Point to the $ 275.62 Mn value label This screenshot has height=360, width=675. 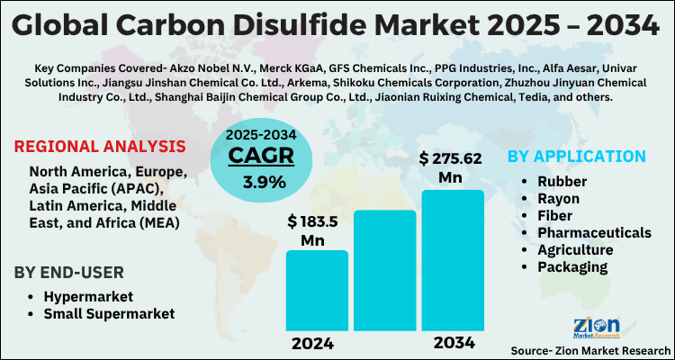click(x=451, y=167)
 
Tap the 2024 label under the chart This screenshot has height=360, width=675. click(x=316, y=343)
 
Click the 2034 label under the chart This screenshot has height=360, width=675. click(x=451, y=343)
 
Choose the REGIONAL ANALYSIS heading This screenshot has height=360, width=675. click(x=101, y=146)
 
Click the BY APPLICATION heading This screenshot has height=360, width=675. click(x=577, y=156)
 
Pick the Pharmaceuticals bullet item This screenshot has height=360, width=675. click(x=595, y=232)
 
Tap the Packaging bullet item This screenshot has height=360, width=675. click(x=572, y=266)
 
